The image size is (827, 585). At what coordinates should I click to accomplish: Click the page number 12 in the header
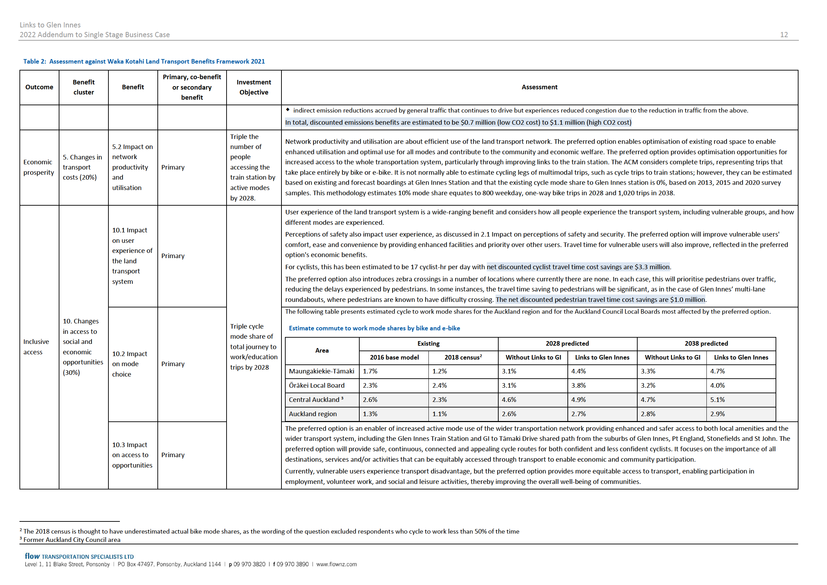(x=784, y=35)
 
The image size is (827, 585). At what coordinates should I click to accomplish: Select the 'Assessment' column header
(x=539, y=87)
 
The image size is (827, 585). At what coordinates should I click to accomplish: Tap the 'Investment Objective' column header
(x=254, y=87)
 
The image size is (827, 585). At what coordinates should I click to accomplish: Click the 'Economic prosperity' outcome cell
(x=39, y=167)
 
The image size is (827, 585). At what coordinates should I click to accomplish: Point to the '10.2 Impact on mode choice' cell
(x=129, y=364)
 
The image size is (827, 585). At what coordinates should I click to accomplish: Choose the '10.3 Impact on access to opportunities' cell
(x=132, y=455)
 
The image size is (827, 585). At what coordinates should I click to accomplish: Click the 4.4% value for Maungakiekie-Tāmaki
(x=578, y=371)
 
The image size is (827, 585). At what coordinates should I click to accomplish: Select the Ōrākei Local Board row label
(x=317, y=386)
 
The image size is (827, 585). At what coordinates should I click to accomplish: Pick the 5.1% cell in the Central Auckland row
(x=717, y=399)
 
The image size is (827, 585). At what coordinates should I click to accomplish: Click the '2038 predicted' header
(x=706, y=343)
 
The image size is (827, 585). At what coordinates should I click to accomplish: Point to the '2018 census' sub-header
(x=463, y=357)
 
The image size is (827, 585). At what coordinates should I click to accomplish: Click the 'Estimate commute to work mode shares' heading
(x=374, y=328)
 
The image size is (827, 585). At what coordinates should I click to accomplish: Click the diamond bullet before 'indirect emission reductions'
(x=288, y=109)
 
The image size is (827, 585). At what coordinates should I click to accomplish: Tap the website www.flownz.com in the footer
(x=336, y=564)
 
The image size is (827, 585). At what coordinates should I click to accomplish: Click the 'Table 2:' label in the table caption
(x=35, y=61)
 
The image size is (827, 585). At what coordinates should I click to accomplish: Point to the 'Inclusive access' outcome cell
(x=36, y=347)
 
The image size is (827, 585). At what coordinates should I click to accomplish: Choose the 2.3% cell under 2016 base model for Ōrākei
(x=370, y=386)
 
